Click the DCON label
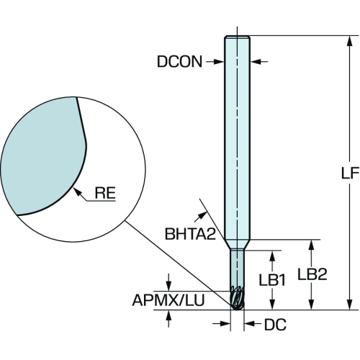tap(179, 62)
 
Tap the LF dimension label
tap(350, 173)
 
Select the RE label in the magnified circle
tap(105, 193)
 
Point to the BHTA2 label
tap(190, 234)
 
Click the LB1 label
tap(272, 280)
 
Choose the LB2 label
tap(312, 274)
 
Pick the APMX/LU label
tap(168, 300)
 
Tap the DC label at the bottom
tap(275, 325)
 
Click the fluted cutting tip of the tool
tap(237, 297)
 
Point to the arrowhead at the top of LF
tap(350, 41)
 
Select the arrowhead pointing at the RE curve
tap(76, 192)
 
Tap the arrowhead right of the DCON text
tap(256, 62)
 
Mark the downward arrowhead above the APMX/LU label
tap(168, 286)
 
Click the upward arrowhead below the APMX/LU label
tap(168, 315)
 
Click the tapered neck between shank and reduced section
tap(238, 245)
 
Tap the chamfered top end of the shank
tap(238, 37)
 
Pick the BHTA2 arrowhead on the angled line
tap(202, 215)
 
